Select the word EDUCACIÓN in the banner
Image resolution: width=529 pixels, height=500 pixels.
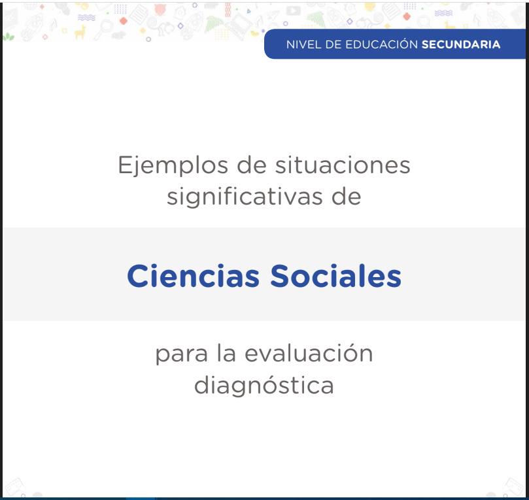point(381,44)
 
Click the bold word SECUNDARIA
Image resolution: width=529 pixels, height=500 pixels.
point(461,44)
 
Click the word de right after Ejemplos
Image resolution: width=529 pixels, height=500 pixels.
point(252,165)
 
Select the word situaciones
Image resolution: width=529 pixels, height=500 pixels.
point(343,165)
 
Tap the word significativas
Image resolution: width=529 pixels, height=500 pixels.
point(245,197)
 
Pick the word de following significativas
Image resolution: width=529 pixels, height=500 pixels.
point(347,196)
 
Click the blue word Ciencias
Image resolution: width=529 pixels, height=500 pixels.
point(194,276)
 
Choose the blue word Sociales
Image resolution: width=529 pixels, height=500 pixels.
point(335,276)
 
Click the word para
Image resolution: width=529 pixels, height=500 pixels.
point(182,355)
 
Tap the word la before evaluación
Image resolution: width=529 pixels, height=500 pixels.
point(226,353)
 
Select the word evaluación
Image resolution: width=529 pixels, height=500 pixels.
point(309,353)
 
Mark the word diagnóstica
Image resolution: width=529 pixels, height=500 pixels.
point(264,386)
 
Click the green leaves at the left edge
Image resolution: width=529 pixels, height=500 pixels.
point(8,37)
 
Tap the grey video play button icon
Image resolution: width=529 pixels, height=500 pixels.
point(293,11)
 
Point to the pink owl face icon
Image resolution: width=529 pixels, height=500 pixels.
point(160,9)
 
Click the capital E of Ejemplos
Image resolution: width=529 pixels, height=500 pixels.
point(124,165)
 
